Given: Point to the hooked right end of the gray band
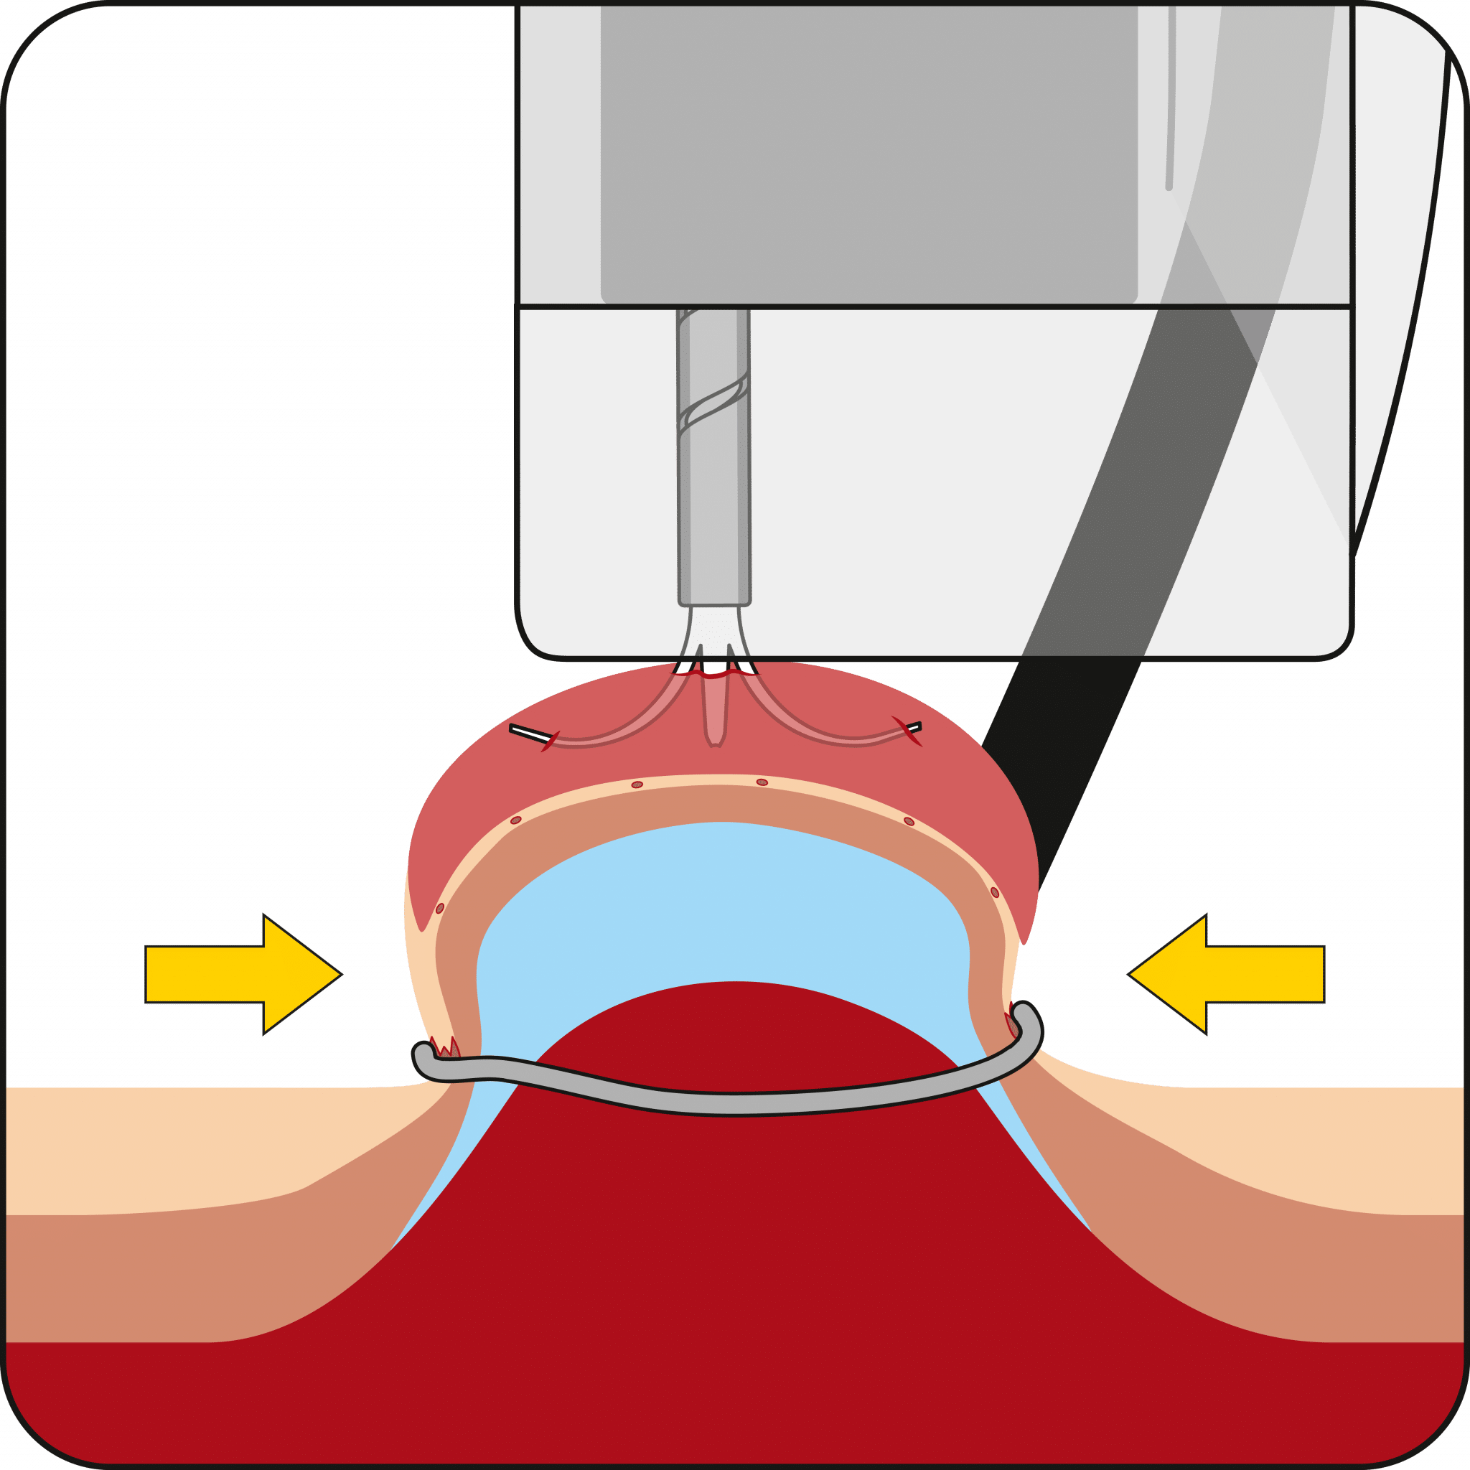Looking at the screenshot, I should click(x=1031, y=1024).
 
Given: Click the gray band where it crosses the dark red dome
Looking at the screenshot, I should click(x=731, y=1102).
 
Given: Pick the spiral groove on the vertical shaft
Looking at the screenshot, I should click(x=713, y=403).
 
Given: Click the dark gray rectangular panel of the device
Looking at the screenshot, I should click(x=867, y=152).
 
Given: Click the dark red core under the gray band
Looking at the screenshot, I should click(x=731, y=1255).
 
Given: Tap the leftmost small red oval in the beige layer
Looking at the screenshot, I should click(x=440, y=909).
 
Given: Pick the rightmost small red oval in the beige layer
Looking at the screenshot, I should click(x=994, y=891).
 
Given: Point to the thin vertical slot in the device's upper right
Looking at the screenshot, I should click(x=1169, y=99).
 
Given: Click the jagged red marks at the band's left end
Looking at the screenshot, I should click(x=444, y=1047).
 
